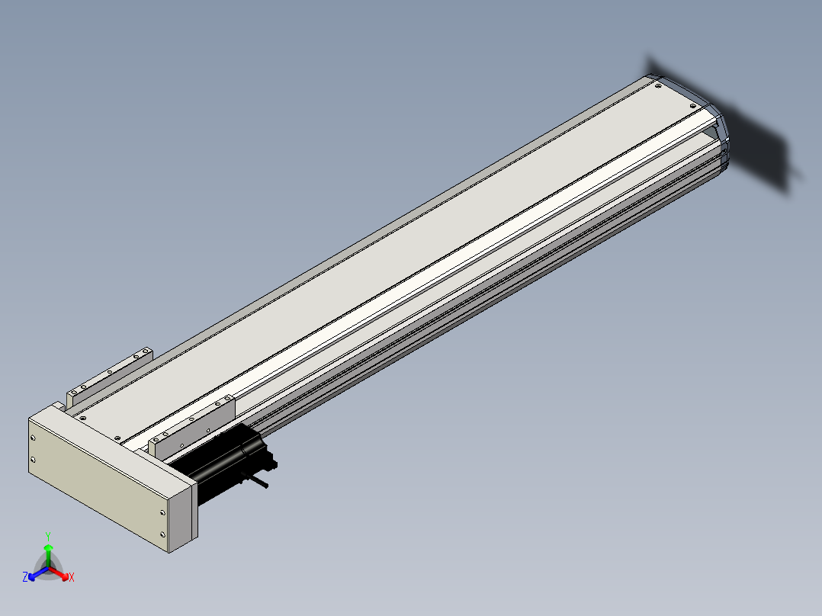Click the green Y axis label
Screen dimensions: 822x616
pos(48,536)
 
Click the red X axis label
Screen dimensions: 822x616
pos(72,577)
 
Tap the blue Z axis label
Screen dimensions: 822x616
pos(25,576)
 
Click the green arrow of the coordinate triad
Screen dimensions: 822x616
pos(48,555)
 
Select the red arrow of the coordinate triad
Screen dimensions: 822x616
pos(59,573)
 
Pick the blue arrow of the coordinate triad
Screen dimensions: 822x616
pos(39,573)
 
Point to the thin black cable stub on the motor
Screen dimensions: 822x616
pos(256,481)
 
